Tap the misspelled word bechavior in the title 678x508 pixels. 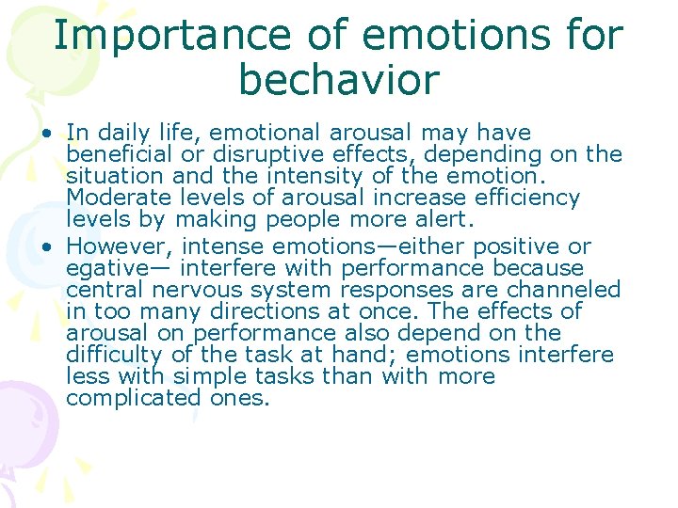click(x=339, y=80)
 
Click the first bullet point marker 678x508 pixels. click(x=46, y=134)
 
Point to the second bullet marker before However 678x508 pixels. click(x=46, y=247)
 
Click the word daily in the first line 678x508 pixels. click(x=123, y=133)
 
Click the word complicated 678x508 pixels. click(x=133, y=397)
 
